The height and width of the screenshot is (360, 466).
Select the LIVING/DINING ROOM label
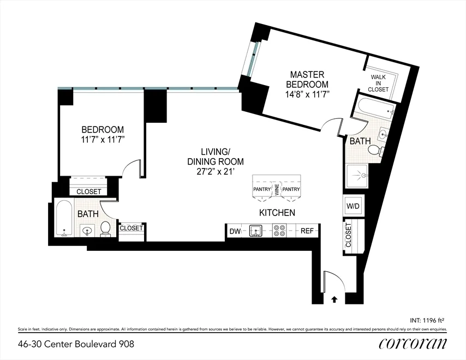pos(215,157)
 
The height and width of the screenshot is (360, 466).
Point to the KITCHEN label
pos(277,212)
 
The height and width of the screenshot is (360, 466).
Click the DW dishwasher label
pos(235,231)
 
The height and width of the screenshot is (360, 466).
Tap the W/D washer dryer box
pos(352,206)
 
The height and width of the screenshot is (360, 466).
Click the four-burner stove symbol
pos(279,231)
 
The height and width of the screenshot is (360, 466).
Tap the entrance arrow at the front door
pos(334,298)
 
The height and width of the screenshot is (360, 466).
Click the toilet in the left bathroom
pos(106,230)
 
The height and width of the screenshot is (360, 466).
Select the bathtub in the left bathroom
pos(64,220)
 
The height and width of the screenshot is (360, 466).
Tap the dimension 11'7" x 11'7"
pos(103,139)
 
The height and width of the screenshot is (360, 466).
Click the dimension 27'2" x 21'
pos(215,172)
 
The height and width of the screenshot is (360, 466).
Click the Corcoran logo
pos(413,344)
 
